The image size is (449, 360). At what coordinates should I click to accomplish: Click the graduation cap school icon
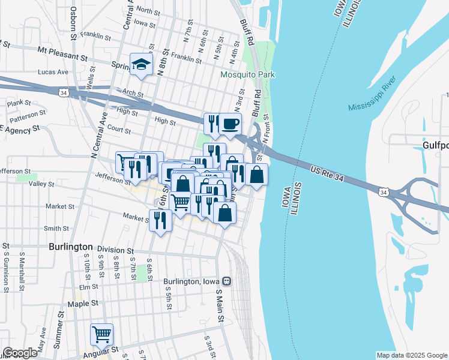coord(141,65)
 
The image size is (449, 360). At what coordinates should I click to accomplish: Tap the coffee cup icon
coord(230,124)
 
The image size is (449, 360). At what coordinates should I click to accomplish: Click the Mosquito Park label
coord(247,75)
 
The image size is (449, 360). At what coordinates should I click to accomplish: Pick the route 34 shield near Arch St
coord(63,92)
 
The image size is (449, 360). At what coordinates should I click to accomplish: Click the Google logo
coord(20,353)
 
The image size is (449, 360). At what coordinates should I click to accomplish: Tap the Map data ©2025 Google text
coord(412,355)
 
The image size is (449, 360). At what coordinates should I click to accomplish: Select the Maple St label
coord(82,304)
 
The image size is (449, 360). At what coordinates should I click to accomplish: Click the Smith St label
coord(56,228)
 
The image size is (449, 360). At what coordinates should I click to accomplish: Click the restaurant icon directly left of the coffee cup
coord(212,124)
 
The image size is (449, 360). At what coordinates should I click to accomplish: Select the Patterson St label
coord(28,113)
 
